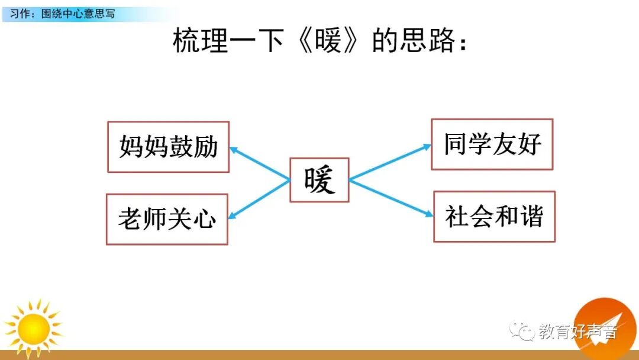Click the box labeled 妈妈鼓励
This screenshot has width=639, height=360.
168,147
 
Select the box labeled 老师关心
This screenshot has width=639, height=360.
167,219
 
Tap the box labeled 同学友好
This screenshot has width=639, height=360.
492,144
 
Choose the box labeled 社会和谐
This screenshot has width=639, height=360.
494,217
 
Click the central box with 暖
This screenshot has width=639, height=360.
319,180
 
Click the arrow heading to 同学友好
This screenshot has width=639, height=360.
390,162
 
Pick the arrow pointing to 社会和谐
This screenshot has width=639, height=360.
391,197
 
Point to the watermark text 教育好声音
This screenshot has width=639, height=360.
577,332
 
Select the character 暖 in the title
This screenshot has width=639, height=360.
336,41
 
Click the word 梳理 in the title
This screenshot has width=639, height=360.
200,41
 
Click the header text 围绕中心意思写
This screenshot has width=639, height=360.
79,13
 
